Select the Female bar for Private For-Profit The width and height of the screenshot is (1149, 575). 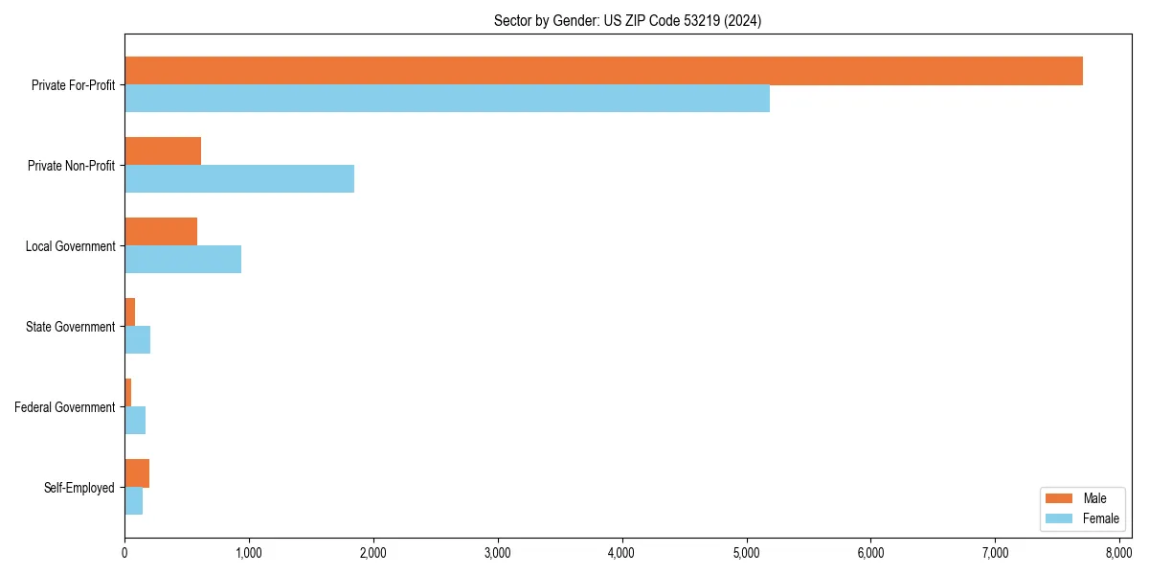[447, 99]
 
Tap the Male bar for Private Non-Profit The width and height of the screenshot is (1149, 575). [163, 151]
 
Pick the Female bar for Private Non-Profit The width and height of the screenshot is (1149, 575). [239, 179]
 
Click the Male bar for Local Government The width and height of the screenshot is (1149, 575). [161, 232]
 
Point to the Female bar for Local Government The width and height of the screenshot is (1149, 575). [183, 260]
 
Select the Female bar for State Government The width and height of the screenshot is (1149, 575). [138, 340]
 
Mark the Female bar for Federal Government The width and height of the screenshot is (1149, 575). [135, 421]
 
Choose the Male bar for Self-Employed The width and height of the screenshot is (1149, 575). [137, 473]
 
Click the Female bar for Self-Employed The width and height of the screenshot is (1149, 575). [134, 501]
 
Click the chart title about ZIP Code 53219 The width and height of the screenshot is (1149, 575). [627, 20]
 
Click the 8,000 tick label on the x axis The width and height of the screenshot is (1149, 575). [1119, 553]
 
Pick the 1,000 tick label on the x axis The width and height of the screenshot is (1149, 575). [249, 553]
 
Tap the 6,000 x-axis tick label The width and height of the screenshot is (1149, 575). [870, 553]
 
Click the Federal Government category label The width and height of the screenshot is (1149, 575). [65, 407]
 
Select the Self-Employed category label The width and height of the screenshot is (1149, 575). [79, 488]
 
